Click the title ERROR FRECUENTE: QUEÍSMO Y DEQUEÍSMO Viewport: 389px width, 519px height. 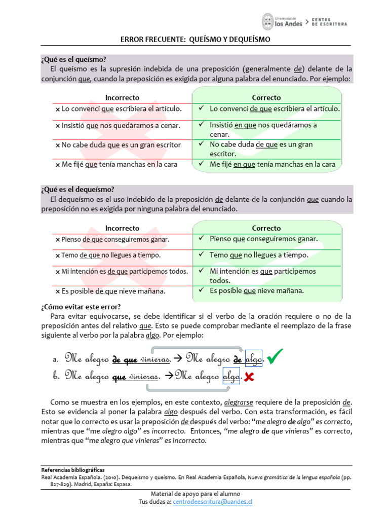195,39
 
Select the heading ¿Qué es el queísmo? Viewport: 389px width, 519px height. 73,59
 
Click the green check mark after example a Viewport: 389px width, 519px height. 277,358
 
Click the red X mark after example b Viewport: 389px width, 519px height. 249,377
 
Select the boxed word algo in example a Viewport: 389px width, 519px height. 253,359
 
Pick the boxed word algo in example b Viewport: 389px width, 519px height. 231,377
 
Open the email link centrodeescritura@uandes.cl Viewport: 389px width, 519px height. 212,501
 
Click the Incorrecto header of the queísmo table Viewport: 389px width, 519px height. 122,97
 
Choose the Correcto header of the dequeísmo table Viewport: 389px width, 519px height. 266,228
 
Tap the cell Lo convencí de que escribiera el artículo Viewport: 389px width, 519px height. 274,108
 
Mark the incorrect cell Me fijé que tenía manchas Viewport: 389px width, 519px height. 116,164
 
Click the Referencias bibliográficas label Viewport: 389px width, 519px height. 73,470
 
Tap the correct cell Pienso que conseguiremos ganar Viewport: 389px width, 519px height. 263,239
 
